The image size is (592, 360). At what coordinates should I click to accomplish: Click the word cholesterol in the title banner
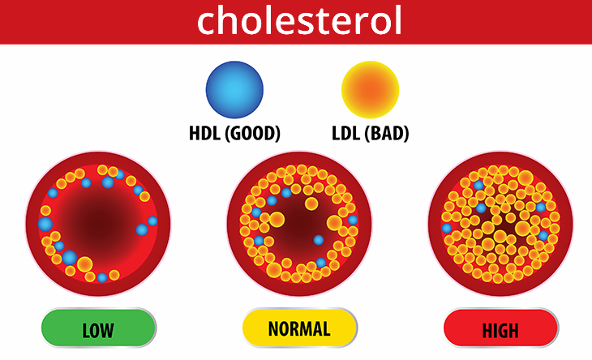(299, 21)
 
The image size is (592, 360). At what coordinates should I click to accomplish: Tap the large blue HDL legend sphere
(234, 90)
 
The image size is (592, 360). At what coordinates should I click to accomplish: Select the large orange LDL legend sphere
(370, 90)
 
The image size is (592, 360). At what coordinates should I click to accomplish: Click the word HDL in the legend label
(204, 133)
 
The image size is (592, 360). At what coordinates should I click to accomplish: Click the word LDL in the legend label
(345, 133)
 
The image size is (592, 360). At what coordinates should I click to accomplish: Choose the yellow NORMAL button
(300, 328)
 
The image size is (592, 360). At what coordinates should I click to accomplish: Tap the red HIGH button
(500, 328)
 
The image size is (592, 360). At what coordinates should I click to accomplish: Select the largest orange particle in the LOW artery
(85, 264)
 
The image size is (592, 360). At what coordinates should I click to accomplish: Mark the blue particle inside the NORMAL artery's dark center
(318, 240)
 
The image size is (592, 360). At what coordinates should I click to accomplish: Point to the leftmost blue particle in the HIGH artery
(447, 228)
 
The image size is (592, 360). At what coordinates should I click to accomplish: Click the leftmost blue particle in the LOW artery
(45, 224)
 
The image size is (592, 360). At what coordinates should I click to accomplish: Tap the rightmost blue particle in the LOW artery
(152, 221)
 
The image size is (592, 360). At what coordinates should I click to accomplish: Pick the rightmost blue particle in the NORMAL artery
(353, 220)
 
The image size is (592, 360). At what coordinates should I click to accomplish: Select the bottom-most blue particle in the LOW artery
(102, 278)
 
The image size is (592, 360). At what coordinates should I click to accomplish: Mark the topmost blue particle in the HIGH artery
(478, 186)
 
